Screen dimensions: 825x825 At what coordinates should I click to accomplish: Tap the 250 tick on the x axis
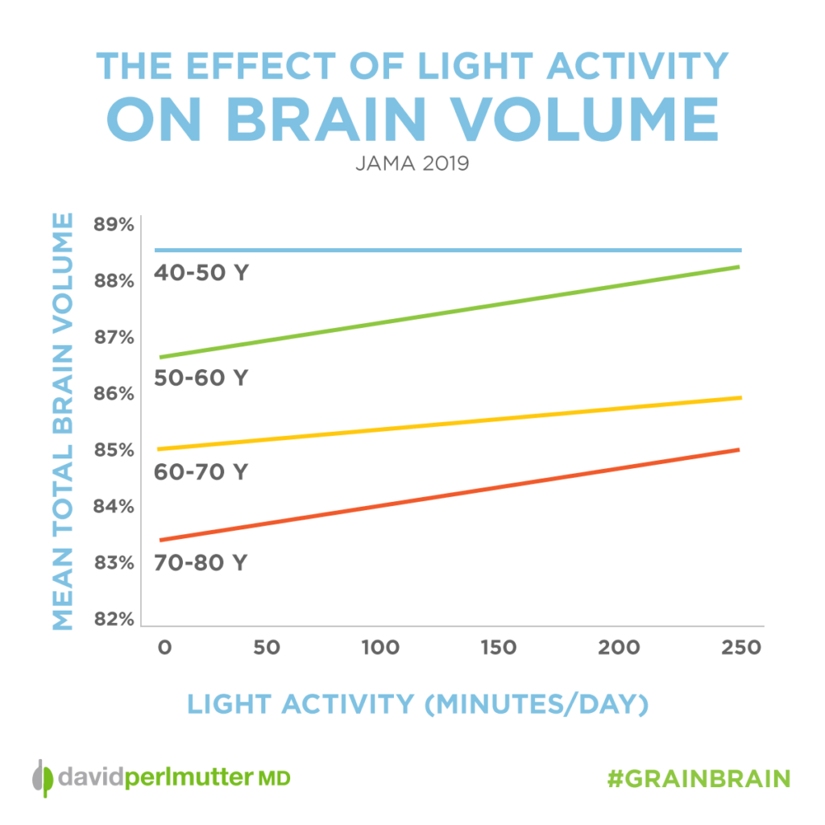[740, 648]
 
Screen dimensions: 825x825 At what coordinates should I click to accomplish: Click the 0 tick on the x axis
[164, 648]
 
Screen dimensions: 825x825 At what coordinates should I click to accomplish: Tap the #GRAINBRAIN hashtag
[698, 778]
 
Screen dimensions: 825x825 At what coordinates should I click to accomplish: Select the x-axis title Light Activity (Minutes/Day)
[417, 703]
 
